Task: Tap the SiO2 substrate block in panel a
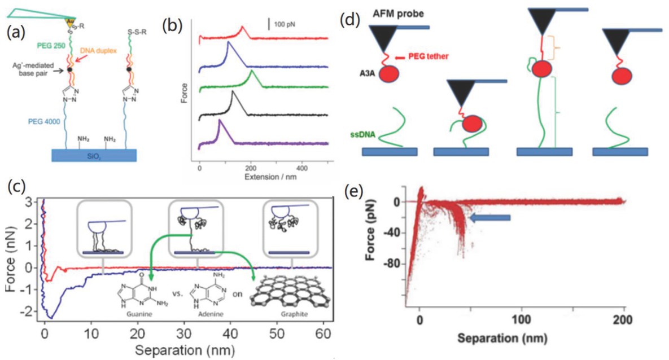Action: [93, 155]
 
